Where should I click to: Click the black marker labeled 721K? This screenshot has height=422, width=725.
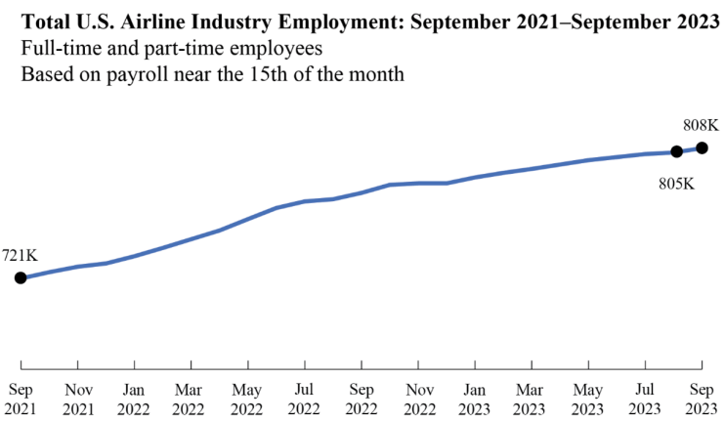point(21,277)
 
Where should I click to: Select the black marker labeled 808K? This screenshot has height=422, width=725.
point(702,148)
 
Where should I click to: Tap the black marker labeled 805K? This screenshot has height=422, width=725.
point(675,151)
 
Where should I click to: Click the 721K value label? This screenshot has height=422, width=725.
point(20,255)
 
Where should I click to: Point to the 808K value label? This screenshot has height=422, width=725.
point(701,125)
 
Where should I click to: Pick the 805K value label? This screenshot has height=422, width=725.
point(675,183)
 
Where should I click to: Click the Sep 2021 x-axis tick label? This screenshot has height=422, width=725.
point(21,399)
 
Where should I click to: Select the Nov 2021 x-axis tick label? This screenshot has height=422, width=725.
point(77,399)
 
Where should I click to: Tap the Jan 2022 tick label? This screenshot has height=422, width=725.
point(134,399)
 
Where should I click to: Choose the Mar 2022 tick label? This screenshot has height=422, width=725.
point(191,399)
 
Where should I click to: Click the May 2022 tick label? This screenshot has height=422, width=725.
point(247,399)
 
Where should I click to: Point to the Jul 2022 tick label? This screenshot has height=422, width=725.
point(305,399)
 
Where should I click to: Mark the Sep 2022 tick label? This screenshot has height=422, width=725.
point(362,399)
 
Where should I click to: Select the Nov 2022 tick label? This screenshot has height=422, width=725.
point(418,399)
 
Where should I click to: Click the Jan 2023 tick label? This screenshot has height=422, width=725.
point(475,399)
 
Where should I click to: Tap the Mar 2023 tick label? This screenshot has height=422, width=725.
point(532,399)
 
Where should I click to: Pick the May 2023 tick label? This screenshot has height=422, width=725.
point(588,399)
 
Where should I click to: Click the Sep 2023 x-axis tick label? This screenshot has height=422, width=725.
point(702,399)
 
